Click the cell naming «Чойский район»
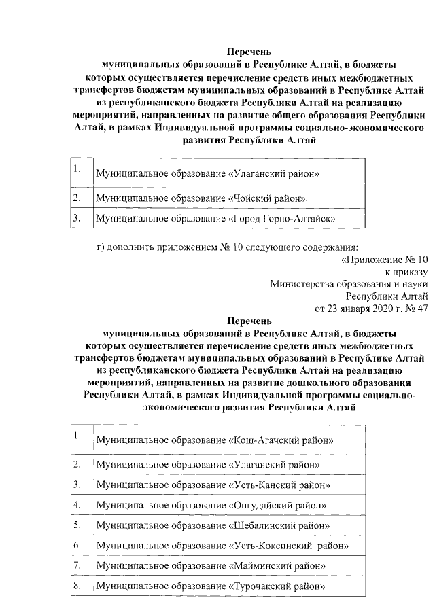[x=201, y=198]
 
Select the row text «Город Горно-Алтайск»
[x=217, y=219]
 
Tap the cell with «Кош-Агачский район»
[x=215, y=440]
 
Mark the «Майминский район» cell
[x=211, y=565]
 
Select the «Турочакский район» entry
[x=211, y=586]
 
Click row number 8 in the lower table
[x=77, y=585]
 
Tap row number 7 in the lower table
[x=77, y=565]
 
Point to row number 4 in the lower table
[x=77, y=504]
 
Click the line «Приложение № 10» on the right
[x=385, y=259]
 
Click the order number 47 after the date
[x=422, y=308]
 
